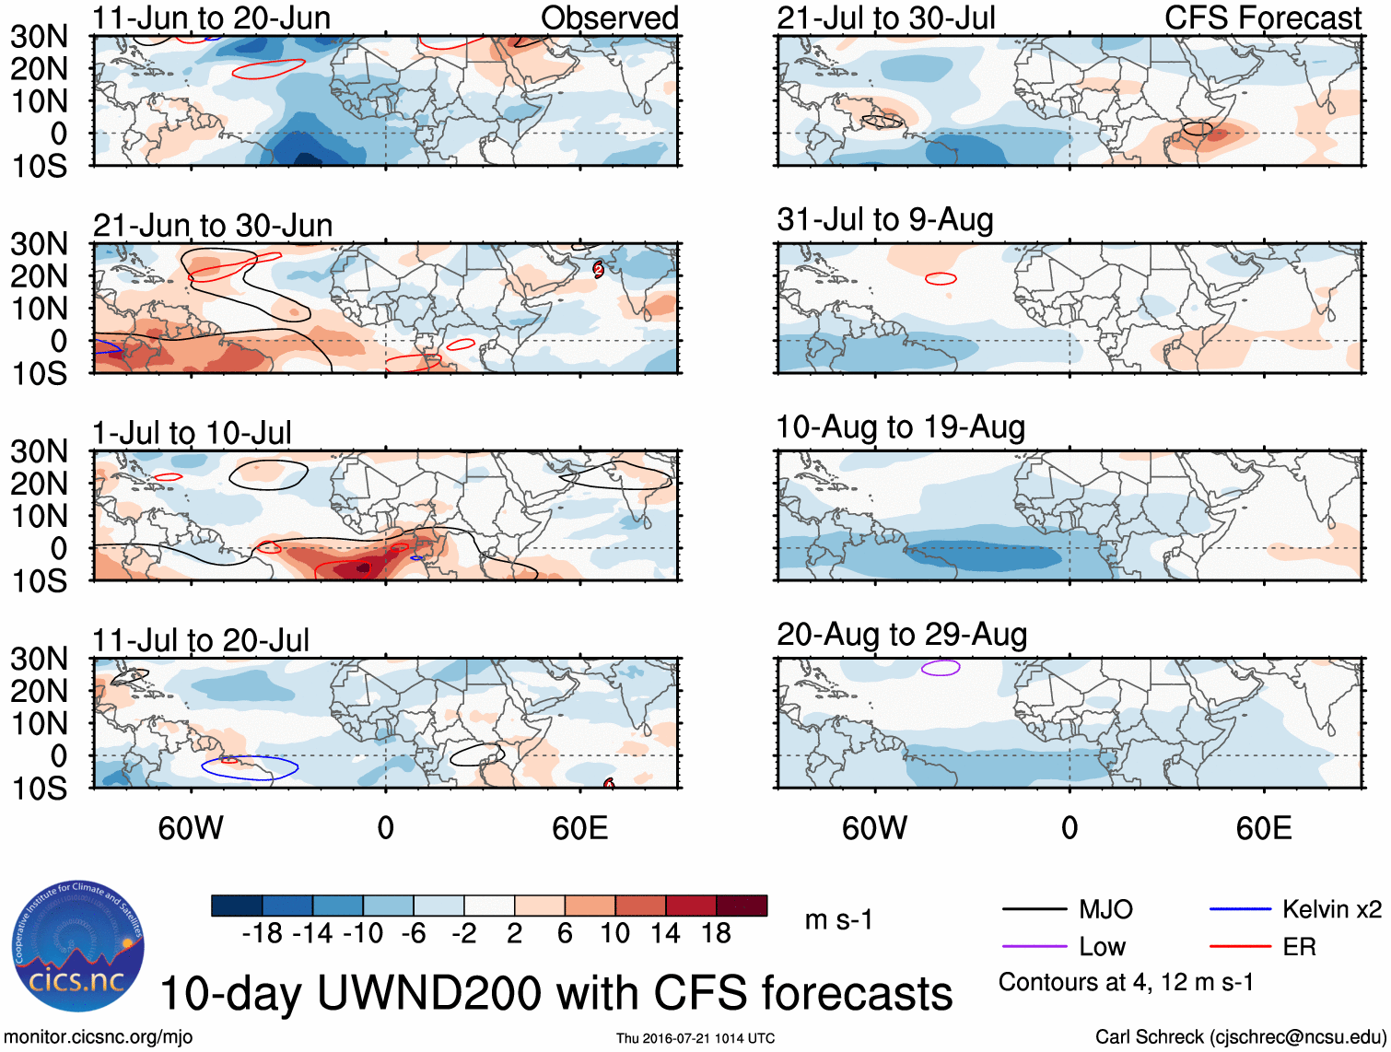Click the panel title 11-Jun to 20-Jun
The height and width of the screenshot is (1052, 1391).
click(x=211, y=18)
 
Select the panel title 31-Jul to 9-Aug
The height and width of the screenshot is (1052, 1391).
click(x=885, y=220)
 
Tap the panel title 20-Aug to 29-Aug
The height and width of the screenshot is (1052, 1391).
click(x=902, y=635)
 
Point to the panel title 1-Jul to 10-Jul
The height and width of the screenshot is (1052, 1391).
click(x=192, y=433)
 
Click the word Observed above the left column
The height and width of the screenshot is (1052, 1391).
click(x=609, y=18)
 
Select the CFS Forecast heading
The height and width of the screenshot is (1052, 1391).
click(x=1263, y=18)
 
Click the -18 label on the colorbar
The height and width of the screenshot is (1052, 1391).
click(x=263, y=934)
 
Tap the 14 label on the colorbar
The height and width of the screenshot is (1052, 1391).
click(x=665, y=934)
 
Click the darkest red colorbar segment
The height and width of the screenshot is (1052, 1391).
click(x=742, y=906)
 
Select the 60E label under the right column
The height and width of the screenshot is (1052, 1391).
click(x=1263, y=828)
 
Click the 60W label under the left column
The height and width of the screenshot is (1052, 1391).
click(x=191, y=828)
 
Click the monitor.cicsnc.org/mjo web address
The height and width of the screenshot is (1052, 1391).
click(x=99, y=1037)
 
